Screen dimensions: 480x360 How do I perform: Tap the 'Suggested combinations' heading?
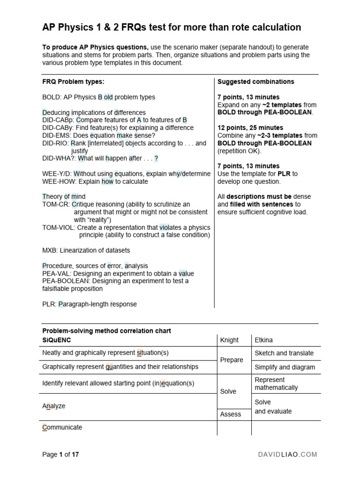pyautogui.click(x=255, y=82)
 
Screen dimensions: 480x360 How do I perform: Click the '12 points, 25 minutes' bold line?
pyautogui.click(x=250, y=127)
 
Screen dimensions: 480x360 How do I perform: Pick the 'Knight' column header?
pyautogui.click(x=229, y=340)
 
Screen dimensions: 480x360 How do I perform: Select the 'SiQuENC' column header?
pyautogui.click(x=57, y=340)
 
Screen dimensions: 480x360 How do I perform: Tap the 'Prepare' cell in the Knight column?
pyautogui.click(x=232, y=360)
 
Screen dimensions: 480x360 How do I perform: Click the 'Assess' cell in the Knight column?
pyautogui.click(x=231, y=414)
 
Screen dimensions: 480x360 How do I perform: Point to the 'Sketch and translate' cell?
pyautogui.click(x=284, y=353)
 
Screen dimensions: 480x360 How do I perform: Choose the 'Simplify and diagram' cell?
pyautogui.click(x=285, y=367)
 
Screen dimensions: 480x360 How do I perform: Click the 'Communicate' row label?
pyautogui.click(x=62, y=427)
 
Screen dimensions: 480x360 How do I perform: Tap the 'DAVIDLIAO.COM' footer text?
pyautogui.click(x=288, y=454)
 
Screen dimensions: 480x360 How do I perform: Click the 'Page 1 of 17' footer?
pyautogui.click(x=60, y=454)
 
